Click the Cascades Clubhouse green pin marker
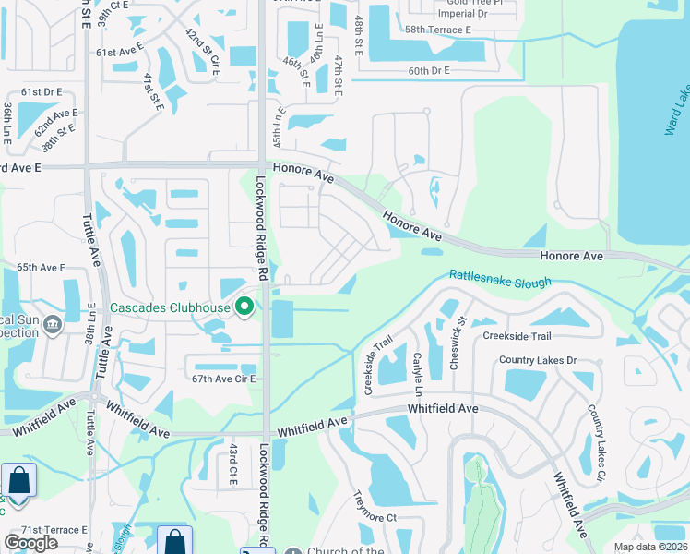244,307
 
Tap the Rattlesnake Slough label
500,278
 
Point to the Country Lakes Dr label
538,360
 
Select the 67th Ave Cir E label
220,379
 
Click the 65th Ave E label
41,268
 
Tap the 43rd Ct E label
233,464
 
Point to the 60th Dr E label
429,70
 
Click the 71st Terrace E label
54,530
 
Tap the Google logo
31,543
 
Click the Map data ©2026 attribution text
651,547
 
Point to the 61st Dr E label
42,92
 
